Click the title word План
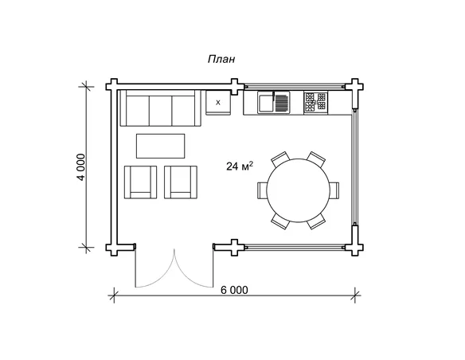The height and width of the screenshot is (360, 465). (x=221, y=59)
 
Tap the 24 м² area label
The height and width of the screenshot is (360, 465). (x=240, y=166)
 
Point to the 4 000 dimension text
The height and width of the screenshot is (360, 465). (x=80, y=167)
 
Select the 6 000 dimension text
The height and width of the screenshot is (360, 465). (x=234, y=290)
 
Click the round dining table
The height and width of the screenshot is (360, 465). (x=298, y=190)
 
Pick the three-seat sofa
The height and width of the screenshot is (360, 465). (x=160, y=108)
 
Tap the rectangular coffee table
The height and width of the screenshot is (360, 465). (x=160, y=146)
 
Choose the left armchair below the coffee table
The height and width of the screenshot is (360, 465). (x=141, y=182)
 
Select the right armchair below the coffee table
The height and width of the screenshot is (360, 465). (x=181, y=182)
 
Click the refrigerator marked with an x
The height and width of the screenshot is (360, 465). (x=218, y=103)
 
